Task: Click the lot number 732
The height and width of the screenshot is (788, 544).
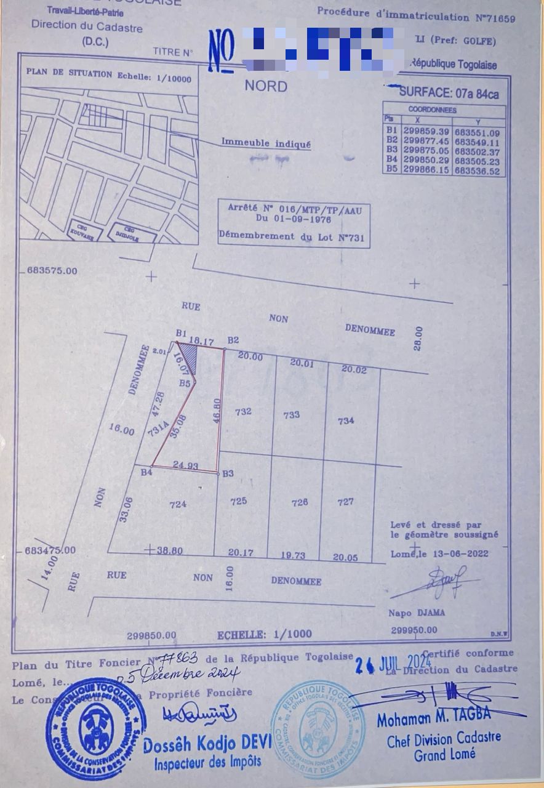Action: [x=243, y=411]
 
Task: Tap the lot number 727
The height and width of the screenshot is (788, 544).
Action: [x=346, y=502]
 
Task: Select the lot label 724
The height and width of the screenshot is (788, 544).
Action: [x=177, y=504]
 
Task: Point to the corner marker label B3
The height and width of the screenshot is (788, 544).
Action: [x=228, y=473]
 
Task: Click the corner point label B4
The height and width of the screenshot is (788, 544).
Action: [x=146, y=473]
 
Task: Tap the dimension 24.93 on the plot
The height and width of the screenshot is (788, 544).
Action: [x=185, y=466]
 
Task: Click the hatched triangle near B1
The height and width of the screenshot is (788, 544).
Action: [x=190, y=356]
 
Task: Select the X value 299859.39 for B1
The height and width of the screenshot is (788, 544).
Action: [x=426, y=132]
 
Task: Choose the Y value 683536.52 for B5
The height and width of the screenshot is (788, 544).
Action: [x=477, y=172]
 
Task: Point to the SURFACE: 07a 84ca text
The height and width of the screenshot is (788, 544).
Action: [x=449, y=94]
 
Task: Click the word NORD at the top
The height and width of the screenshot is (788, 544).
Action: [x=266, y=86]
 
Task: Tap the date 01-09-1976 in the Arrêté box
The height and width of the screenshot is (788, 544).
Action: [x=294, y=219]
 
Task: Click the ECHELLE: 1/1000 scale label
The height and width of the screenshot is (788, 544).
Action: [x=265, y=634]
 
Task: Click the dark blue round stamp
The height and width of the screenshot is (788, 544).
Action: [x=95, y=730]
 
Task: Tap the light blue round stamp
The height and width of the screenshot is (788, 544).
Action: [x=318, y=730]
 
